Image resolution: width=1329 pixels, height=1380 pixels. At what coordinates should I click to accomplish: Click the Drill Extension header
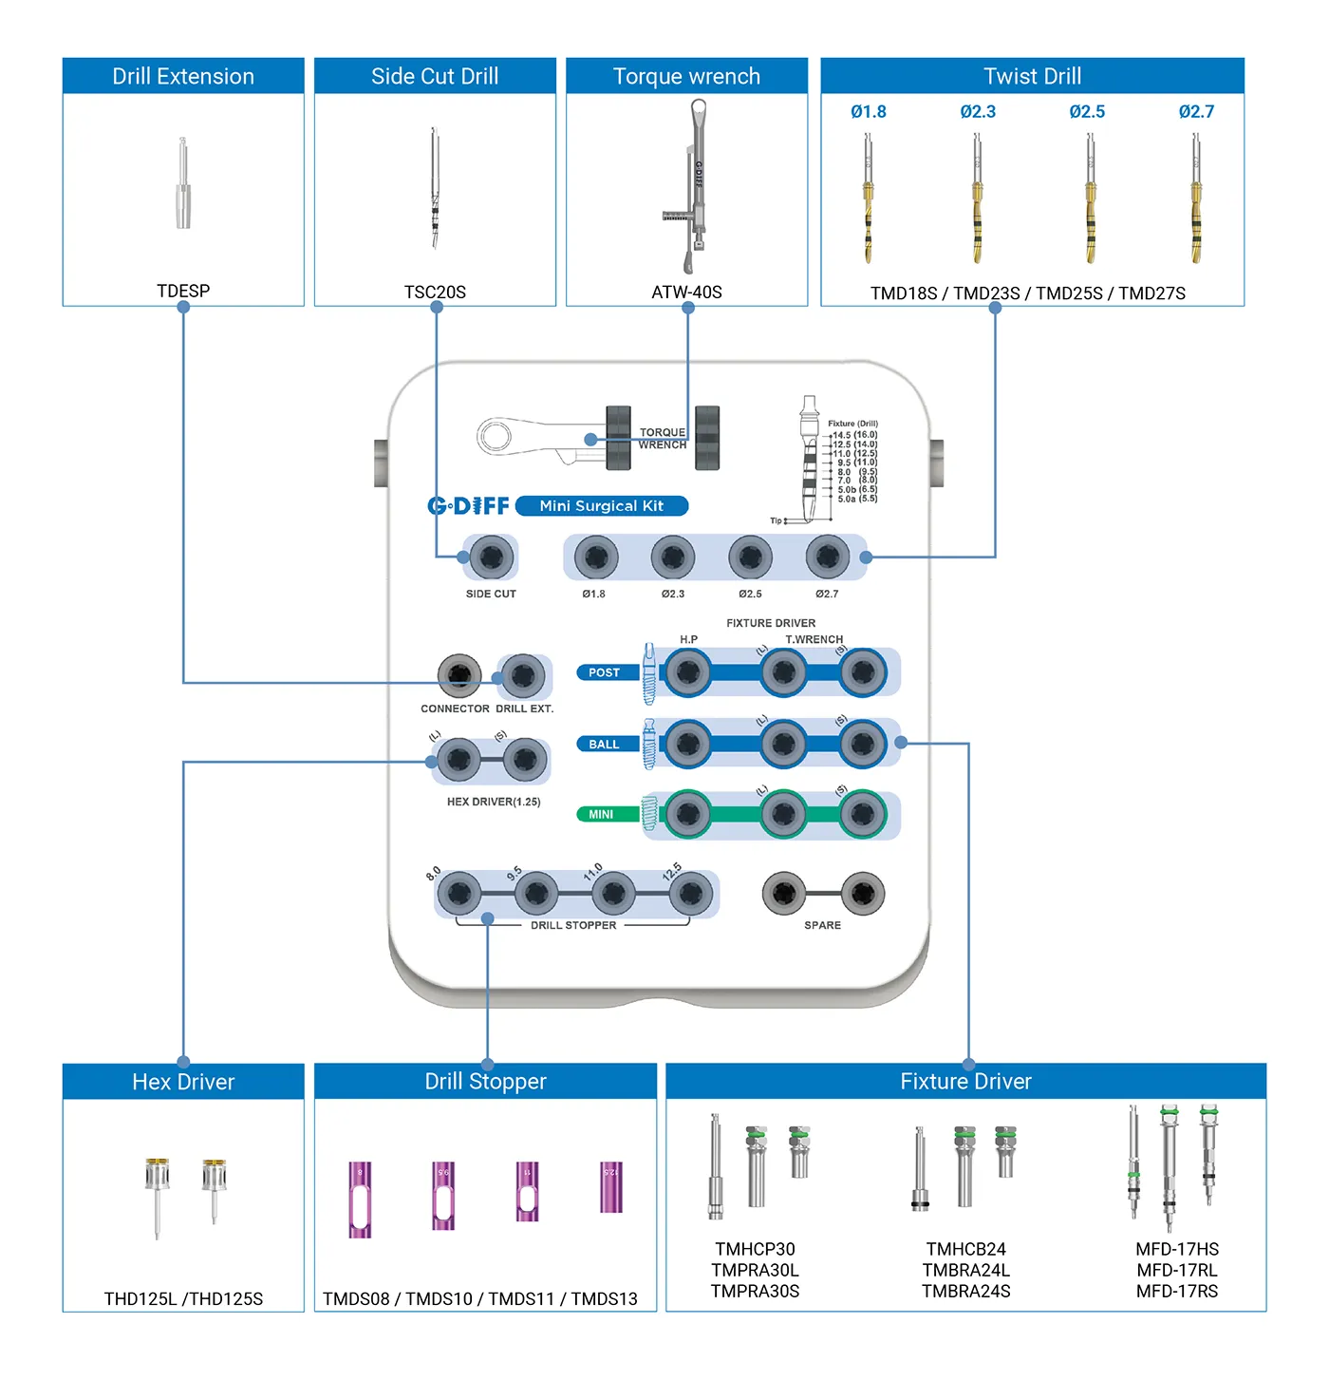click(x=183, y=76)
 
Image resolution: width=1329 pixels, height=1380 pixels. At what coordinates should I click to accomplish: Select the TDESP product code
click(x=183, y=291)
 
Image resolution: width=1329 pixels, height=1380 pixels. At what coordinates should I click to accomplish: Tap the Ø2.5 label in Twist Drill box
click(x=1087, y=112)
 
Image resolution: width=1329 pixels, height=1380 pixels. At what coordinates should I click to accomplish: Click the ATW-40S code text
click(x=686, y=293)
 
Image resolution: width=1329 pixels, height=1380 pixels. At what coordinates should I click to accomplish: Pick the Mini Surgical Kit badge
click(x=601, y=506)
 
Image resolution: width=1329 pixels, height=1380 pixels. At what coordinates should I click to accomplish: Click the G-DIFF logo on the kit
click(x=468, y=506)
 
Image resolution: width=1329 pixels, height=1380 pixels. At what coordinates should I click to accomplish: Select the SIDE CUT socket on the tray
click(x=491, y=557)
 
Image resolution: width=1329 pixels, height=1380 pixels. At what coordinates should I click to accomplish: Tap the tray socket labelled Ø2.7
click(x=827, y=557)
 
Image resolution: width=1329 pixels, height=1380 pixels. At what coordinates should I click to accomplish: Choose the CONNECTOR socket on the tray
click(x=459, y=675)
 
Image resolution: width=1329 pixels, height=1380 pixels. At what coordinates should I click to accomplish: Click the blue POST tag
click(x=603, y=672)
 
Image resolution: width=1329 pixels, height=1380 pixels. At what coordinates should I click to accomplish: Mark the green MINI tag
click(x=601, y=814)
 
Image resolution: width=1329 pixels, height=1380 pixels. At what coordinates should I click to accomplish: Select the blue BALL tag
click(x=603, y=745)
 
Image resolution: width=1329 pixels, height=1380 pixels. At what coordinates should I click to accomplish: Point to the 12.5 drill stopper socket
click(x=690, y=894)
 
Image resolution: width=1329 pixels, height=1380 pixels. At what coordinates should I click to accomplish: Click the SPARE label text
click(x=822, y=925)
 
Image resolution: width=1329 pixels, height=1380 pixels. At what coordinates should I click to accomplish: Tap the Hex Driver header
click(x=183, y=1082)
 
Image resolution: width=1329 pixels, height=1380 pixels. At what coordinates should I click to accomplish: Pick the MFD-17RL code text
click(x=1177, y=1271)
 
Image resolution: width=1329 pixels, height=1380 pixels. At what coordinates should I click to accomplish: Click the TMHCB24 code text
click(x=965, y=1250)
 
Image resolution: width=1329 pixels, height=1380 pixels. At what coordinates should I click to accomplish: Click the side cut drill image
click(x=435, y=188)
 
